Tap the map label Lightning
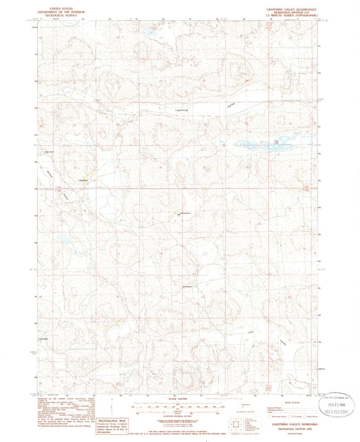182,109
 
